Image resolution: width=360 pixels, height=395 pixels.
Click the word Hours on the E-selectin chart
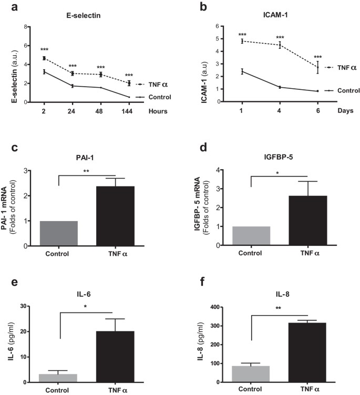157,111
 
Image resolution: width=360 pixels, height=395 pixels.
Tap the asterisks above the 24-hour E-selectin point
73,66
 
